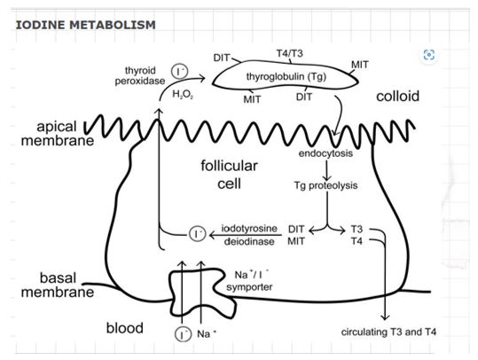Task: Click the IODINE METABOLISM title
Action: click(x=85, y=24)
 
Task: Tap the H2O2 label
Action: click(x=183, y=94)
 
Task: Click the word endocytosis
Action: click(x=325, y=153)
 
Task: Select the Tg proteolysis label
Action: click(x=325, y=187)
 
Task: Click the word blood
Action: click(x=125, y=328)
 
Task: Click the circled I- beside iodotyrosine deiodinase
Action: click(x=197, y=233)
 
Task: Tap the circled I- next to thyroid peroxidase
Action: click(x=179, y=69)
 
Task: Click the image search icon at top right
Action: click(x=429, y=55)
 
